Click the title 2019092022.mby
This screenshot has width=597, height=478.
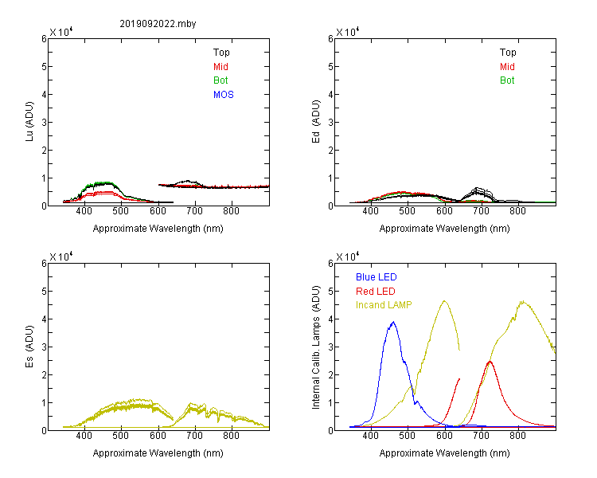[x=158, y=24]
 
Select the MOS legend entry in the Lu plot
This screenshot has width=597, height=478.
[x=224, y=95]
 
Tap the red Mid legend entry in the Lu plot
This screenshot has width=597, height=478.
[x=220, y=67]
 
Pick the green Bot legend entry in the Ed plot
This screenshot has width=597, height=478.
[x=507, y=80]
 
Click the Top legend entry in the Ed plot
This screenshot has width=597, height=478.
[x=508, y=53]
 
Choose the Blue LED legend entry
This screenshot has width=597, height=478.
[x=377, y=277]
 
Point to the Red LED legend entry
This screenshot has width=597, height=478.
[x=376, y=292]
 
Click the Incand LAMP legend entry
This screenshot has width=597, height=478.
[x=384, y=305]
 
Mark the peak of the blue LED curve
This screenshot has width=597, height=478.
[x=393, y=322]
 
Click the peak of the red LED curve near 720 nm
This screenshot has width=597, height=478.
[x=490, y=361]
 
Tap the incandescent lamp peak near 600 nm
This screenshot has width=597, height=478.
[x=444, y=301]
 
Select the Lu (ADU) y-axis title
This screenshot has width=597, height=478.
[x=29, y=122]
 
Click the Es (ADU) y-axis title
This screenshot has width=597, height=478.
[x=29, y=347]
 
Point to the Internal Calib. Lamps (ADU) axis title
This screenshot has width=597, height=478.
[x=316, y=347]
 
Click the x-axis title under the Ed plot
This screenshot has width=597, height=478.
[x=444, y=229]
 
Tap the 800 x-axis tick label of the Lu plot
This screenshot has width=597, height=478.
[x=231, y=212]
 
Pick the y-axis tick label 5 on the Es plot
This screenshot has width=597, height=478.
[x=44, y=292]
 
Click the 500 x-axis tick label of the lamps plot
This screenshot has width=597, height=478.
[x=408, y=436]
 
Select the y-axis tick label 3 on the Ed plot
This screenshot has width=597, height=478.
[x=330, y=123]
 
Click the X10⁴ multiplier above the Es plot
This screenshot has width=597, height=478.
[x=61, y=257]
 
